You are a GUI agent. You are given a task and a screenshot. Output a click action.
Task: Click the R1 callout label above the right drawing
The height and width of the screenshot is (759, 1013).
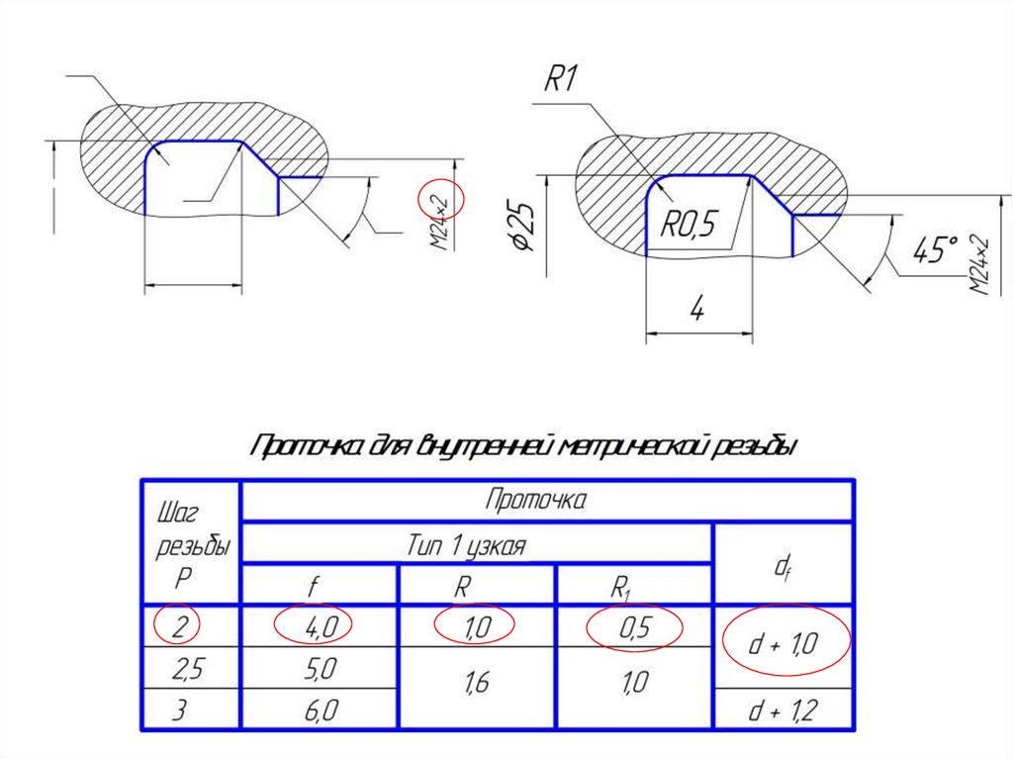(x=560, y=79)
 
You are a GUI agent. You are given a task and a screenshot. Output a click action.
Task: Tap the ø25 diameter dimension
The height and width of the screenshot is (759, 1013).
(x=524, y=227)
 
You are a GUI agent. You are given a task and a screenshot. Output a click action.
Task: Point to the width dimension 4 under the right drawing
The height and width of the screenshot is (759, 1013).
(x=696, y=311)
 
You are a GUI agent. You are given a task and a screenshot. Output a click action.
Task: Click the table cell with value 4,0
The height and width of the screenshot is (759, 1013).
(x=319, y=625)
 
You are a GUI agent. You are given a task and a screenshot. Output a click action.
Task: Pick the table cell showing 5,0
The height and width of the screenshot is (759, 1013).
(x=319, y=669)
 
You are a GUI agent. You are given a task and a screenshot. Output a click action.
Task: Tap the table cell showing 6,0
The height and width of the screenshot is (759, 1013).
(x=319, y=711)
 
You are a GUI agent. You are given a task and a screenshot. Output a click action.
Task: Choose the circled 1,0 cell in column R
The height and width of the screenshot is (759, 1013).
(x=476, y=625)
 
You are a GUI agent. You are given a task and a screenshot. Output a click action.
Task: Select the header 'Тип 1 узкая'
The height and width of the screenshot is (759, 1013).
(x=466, y=545)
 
